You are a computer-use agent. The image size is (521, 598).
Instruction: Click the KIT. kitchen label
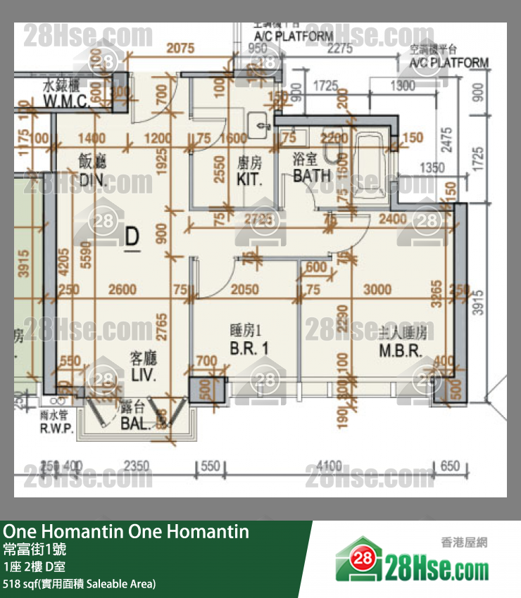[x=249, y=179]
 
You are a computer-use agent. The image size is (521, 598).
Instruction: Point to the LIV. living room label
[x=143, y=375]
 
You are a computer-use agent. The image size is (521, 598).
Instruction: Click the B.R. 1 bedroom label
[x=249, y=348]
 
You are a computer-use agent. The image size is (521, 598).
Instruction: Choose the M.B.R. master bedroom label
[x=400, y=351]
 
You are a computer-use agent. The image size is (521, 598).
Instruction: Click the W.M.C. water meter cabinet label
[x=65, y=101]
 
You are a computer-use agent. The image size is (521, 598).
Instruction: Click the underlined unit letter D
[x=132, y=238]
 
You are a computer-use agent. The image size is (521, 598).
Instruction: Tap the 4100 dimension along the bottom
[x=329, y=466]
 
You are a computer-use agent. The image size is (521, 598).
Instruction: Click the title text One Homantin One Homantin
[x=126, y=531]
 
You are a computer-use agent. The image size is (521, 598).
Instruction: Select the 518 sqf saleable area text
[x=79, y=583]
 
